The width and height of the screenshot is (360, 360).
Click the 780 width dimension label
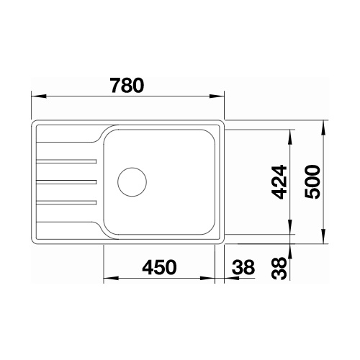click(127, 86)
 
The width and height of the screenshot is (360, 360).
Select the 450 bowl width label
click(159, 267)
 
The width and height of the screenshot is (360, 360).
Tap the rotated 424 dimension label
click(280, 182)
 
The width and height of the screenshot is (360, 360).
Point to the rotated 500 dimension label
click(312, 181)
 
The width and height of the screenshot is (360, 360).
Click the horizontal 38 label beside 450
click(243, 267)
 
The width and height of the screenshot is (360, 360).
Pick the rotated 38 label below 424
click(279, 268)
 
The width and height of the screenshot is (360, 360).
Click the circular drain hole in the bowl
click(132, 182)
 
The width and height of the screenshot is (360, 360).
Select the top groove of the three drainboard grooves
click(66, 161)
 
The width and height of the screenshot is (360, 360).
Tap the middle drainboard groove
click(66, 182)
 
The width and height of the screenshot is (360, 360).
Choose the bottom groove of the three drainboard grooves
click(66, 203)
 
